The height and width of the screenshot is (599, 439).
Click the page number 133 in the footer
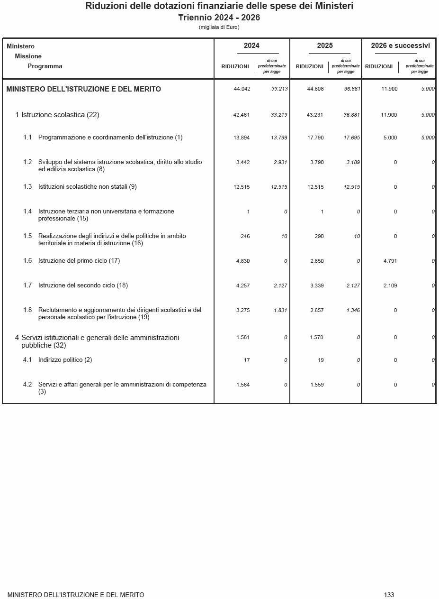pyautogui.click(x=389, y=595)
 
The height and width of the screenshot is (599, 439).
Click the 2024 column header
pyautogui.click(x=251, y=46)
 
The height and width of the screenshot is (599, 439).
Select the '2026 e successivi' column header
pyautogui.click(x=400, y=46)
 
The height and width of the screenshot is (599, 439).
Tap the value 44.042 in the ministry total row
pyautogui.click(x=242, y=89)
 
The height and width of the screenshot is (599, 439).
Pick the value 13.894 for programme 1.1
pyautogui.click(x=242, y=138)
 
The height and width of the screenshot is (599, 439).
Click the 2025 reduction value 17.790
pyautogui.click(x=315, y=138)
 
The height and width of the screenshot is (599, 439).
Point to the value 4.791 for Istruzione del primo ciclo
pyautogui.click(x=390, y=261)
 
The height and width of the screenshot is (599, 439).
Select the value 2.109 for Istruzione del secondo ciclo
pyautogui.click(x=390, y=286)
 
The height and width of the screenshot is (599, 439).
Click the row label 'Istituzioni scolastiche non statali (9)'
pyautogui.click(x=88, y=187)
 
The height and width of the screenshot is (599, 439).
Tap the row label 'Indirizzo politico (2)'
pyautogui.click(x=65, y=360)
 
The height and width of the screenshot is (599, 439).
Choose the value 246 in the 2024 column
pyautogui.click(x=245, y=236)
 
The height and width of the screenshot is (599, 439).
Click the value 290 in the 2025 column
pyautogui.click(x=319, y=236)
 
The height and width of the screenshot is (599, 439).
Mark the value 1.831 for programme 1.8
pyautogui.click(x=280, y=310)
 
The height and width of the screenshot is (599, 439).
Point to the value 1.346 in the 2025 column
pyautogui.click(x=353, y=310)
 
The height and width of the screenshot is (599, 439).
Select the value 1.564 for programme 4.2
pyautogui.click(x=243, y=385)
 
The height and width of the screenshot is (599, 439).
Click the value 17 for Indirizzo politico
pyautogui.click(x=247, y=360)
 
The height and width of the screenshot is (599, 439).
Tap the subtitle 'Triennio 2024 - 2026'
pyautogui.click(x=219, y=18)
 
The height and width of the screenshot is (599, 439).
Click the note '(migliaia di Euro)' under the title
pyautogui.click(x=219, y=27)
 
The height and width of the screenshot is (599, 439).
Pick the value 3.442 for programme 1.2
pyautogui.click(x=243, y=162)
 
